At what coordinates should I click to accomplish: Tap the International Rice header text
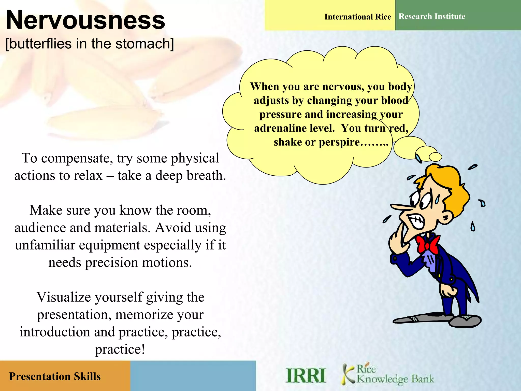coord(357,17)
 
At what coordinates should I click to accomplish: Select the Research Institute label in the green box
coord(432,17)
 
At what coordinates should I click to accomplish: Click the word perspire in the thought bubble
coord(339,142)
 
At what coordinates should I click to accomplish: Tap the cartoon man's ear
coord(446,217)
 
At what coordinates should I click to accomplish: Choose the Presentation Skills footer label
coord(55,376)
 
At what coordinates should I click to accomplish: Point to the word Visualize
coord(65,297)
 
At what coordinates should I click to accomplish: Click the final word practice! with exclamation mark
coord(120,349)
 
